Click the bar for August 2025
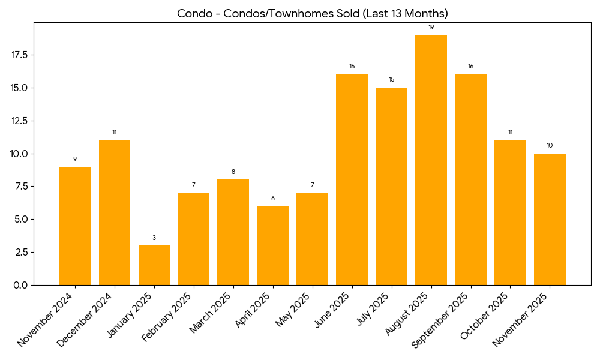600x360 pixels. [431, 160]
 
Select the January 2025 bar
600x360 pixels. [154, 265]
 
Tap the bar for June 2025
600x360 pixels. [352, 179]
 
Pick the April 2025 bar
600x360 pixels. [272, 245]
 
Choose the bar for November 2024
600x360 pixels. [75, 226]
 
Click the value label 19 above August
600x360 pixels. [431, 28]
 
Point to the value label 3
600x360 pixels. [154, 238]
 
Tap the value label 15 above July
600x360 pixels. [391, 80]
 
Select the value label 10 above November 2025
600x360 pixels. [550, 146]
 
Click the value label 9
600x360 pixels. [75, 159]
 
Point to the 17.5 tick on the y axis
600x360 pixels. [20, 55]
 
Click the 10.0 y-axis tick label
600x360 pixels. [20, 154]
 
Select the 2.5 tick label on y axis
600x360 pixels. [22, 252]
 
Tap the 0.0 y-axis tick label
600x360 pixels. [22, 285]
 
